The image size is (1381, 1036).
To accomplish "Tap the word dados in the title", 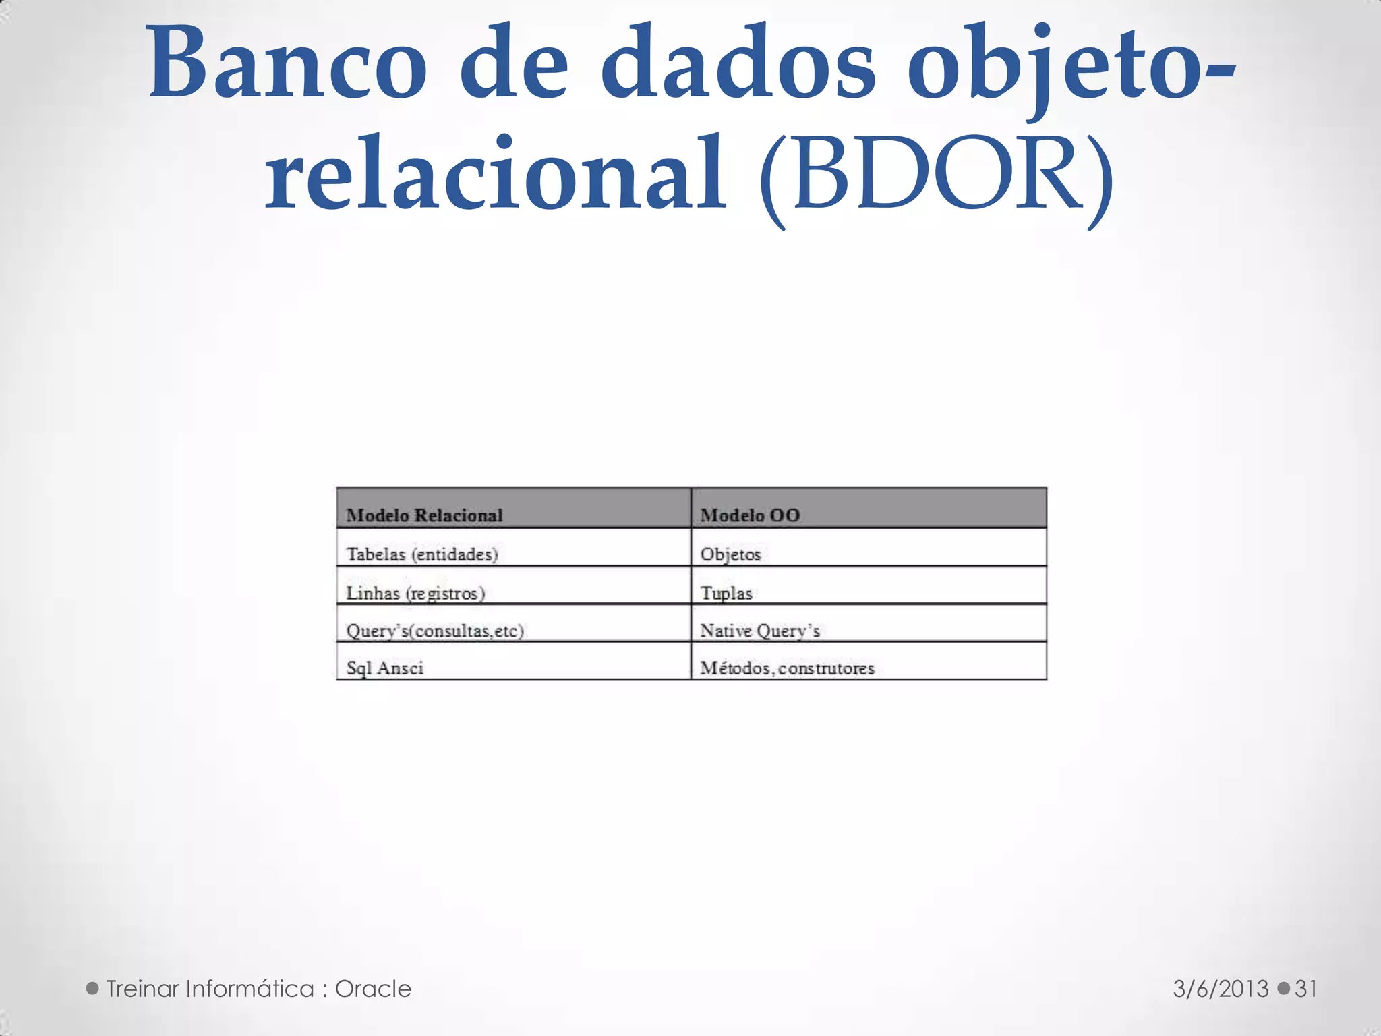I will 738,64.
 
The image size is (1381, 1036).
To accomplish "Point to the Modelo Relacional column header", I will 424,515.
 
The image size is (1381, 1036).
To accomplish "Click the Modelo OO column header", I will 750,515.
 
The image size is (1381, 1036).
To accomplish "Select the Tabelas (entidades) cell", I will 422,554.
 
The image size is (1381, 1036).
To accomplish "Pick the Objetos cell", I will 730,554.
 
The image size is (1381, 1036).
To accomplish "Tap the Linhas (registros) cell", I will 415,593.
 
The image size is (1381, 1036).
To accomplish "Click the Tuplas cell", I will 726,593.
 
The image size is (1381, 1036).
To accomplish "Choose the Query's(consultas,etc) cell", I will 435,631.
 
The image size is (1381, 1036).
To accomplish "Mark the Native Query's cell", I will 760,631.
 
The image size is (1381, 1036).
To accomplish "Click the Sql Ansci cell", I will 384,668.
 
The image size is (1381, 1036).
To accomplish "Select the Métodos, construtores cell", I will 787,668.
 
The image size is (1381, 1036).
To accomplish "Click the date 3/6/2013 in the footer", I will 1221,989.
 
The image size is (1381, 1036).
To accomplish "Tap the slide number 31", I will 1306,989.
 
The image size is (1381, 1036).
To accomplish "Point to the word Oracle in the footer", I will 373,989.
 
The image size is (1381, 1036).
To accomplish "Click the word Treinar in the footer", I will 142,989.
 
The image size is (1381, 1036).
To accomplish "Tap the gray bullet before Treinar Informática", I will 93,989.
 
